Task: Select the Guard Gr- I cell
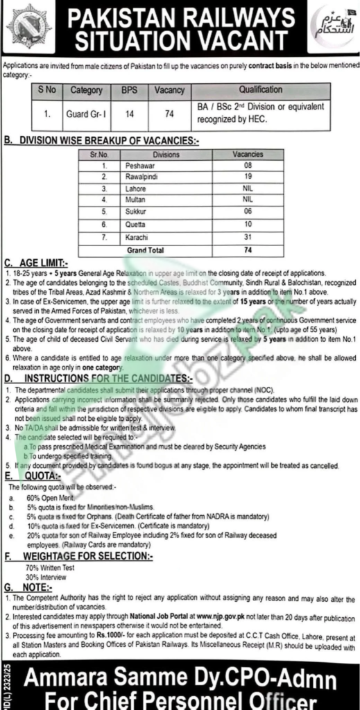coord(85,110)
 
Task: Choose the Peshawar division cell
coord(139,166)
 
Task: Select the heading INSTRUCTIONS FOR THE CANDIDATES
coord(108,380)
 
